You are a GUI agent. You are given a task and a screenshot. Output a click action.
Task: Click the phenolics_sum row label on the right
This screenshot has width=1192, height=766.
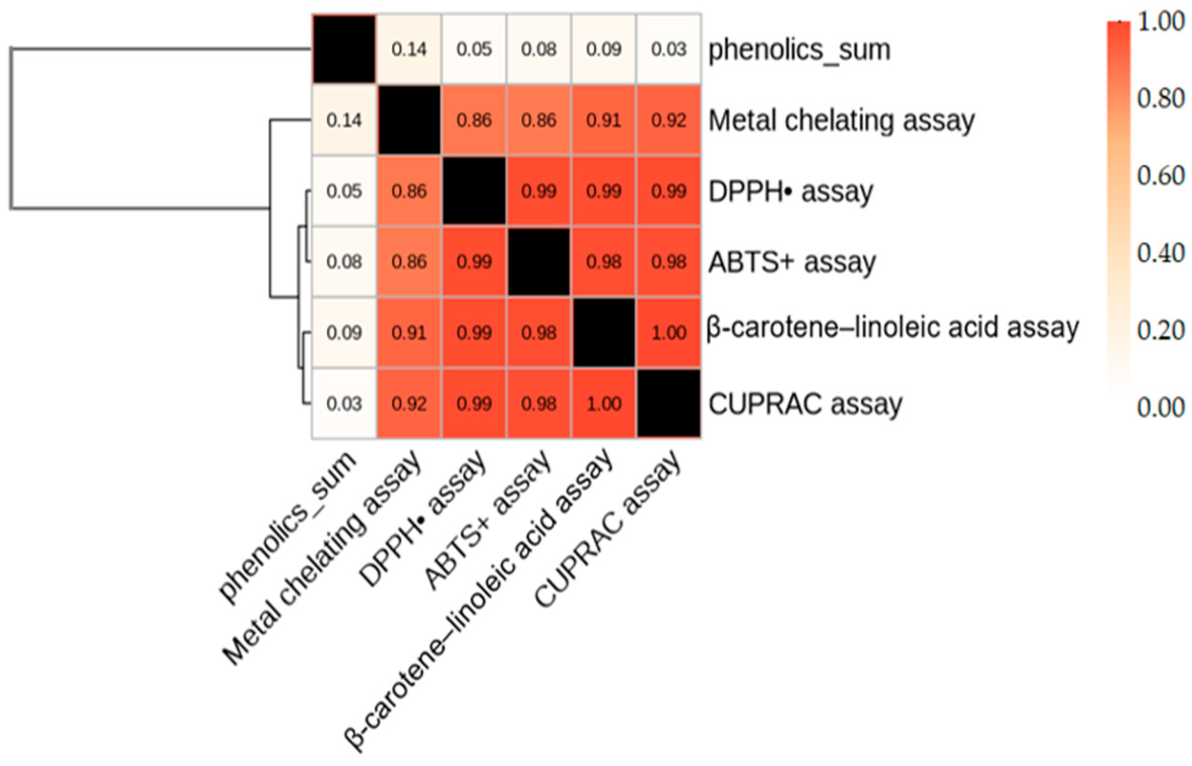pos(799,50)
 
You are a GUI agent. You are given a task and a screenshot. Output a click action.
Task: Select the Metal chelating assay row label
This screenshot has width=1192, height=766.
pos(841,121)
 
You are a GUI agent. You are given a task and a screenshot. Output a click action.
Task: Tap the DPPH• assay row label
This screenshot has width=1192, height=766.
pos(790,191)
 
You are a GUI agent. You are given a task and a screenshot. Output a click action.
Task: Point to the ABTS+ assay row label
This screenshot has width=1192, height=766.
pos(792,262)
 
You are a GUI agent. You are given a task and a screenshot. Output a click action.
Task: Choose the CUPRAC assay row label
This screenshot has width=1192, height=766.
pos(805,404)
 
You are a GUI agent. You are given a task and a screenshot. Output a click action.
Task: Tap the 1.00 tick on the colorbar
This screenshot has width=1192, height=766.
pos(1160,22)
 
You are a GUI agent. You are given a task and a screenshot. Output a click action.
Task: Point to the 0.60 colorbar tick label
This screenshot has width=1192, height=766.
pos(1160,176)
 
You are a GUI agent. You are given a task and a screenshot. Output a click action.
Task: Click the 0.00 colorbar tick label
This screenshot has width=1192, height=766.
pos(1160,407)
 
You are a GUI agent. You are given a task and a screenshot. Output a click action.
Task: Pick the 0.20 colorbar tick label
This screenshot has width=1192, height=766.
pos(1160,330)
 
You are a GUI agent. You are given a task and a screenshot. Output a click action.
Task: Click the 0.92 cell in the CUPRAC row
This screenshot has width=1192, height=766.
pos(409,404)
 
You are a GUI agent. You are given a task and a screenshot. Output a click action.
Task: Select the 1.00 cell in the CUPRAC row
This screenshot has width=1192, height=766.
pos(604,404)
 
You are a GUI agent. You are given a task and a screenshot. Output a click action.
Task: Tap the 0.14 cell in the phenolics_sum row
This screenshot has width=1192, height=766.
pos(409,49)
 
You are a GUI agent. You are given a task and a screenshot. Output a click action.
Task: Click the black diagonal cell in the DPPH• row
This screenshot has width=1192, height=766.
pos(474,191)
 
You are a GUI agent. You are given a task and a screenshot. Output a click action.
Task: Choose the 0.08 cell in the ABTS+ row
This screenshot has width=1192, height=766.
pos(344,262)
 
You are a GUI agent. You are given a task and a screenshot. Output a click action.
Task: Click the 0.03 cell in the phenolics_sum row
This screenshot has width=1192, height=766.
pos(669,49)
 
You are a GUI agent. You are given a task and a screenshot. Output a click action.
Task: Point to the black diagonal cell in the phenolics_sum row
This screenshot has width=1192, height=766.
pos(344,49)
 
